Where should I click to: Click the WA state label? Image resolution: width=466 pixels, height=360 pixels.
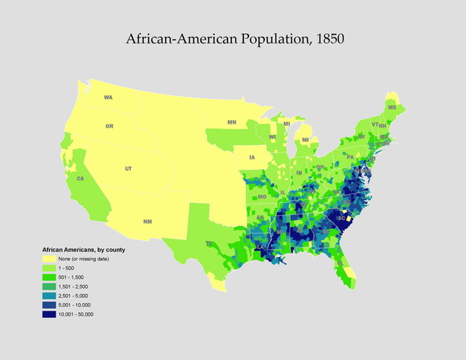pos(108,97)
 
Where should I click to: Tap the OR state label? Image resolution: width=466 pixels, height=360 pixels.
pos(110,126)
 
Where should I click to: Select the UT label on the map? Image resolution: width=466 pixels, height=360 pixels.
pos(128,169)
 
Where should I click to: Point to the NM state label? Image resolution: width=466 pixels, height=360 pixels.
pos(146,221)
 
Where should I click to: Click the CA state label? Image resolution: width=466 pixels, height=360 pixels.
pos(80,178)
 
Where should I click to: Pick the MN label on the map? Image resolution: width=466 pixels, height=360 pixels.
pos(232,121)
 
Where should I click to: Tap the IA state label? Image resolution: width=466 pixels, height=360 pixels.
pos(251,157)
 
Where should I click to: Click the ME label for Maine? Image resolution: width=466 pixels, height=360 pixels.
pos(391,107)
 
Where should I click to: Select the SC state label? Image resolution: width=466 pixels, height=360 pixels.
pos(341,218)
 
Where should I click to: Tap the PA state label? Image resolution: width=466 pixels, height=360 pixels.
pos(350,157)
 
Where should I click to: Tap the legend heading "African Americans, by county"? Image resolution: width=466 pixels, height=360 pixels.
pos(83,248)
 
